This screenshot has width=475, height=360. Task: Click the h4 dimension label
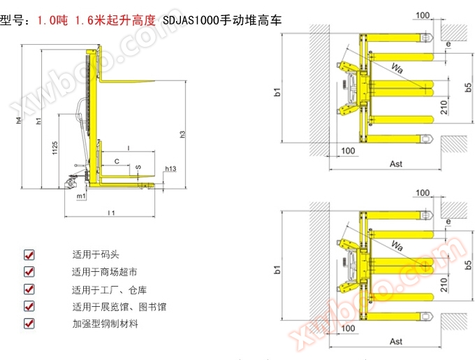19,120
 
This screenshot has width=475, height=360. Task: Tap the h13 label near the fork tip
171,169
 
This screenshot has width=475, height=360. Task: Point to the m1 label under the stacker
81,197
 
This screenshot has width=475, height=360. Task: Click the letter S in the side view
138,168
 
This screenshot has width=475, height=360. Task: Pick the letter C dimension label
116,161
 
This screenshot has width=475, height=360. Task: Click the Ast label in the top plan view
396,164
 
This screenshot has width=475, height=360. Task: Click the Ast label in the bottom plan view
396,342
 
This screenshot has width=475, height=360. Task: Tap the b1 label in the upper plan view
277,91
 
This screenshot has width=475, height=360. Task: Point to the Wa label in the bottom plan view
397,246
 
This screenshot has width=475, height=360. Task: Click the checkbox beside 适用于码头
29,254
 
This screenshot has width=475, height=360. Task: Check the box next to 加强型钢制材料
29,324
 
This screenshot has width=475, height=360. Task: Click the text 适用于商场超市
104,272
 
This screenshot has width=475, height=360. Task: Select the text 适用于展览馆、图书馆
119,306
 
